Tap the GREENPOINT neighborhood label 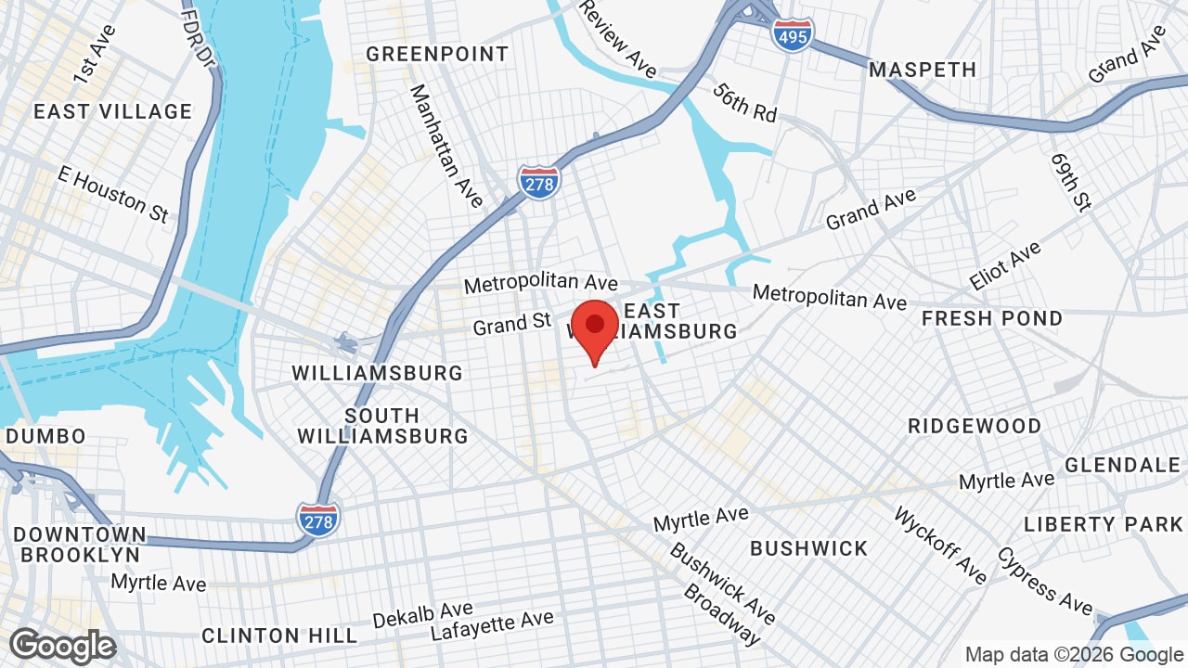click(x=437, y=54)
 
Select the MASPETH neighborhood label click(x=923, y=70)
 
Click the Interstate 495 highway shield click(x=792, y=34)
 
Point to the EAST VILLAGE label click(x=112, y=111)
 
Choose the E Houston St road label click(x=112, y=193)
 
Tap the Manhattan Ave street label click(x=446, y=146)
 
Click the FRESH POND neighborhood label click(x=992, y=318)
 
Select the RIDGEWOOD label click(x=975, y=426)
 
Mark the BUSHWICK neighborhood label click(x=808, y=548)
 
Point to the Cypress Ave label click(x=1044, y=580)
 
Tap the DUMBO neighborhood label click(x=45, y=435)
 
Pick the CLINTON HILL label click(x=279, y=636)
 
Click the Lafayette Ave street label click(x=492, y=626)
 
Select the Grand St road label click(x=512, y=325)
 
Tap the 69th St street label click(x=1070, y=182)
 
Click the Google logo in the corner click(x=63, y=646)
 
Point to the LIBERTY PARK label click(x=1104, y=524)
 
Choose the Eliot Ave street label click(x=1005, y=265)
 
